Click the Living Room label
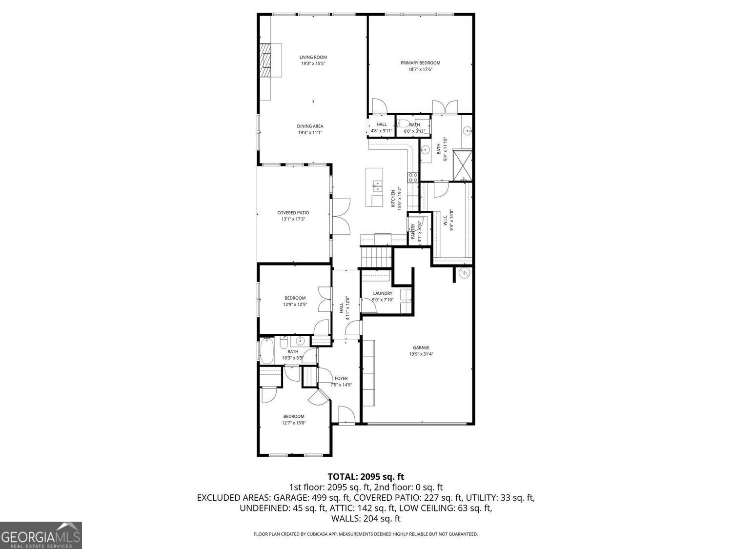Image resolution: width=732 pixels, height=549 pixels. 313,57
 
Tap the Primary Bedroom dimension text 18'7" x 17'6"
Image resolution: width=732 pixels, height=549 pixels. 420,69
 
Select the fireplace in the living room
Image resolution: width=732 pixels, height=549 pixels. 266,61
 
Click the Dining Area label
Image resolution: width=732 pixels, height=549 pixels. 310,126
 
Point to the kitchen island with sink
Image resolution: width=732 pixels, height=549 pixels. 374,187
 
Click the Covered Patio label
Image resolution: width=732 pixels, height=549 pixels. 293,213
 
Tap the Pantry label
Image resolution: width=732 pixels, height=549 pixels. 413,231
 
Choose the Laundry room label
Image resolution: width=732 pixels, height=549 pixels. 383,293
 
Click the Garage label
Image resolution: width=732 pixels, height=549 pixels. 421,347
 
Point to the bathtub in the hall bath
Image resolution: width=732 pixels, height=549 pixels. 266,351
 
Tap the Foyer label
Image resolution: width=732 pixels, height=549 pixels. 341,378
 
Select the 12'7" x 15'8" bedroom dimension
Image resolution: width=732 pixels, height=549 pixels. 294,423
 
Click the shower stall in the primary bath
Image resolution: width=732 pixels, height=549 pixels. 462,165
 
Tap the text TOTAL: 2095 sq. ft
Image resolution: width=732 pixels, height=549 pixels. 366,477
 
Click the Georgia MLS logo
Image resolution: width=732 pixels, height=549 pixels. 41,535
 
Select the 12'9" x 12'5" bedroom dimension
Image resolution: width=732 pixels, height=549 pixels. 295,305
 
